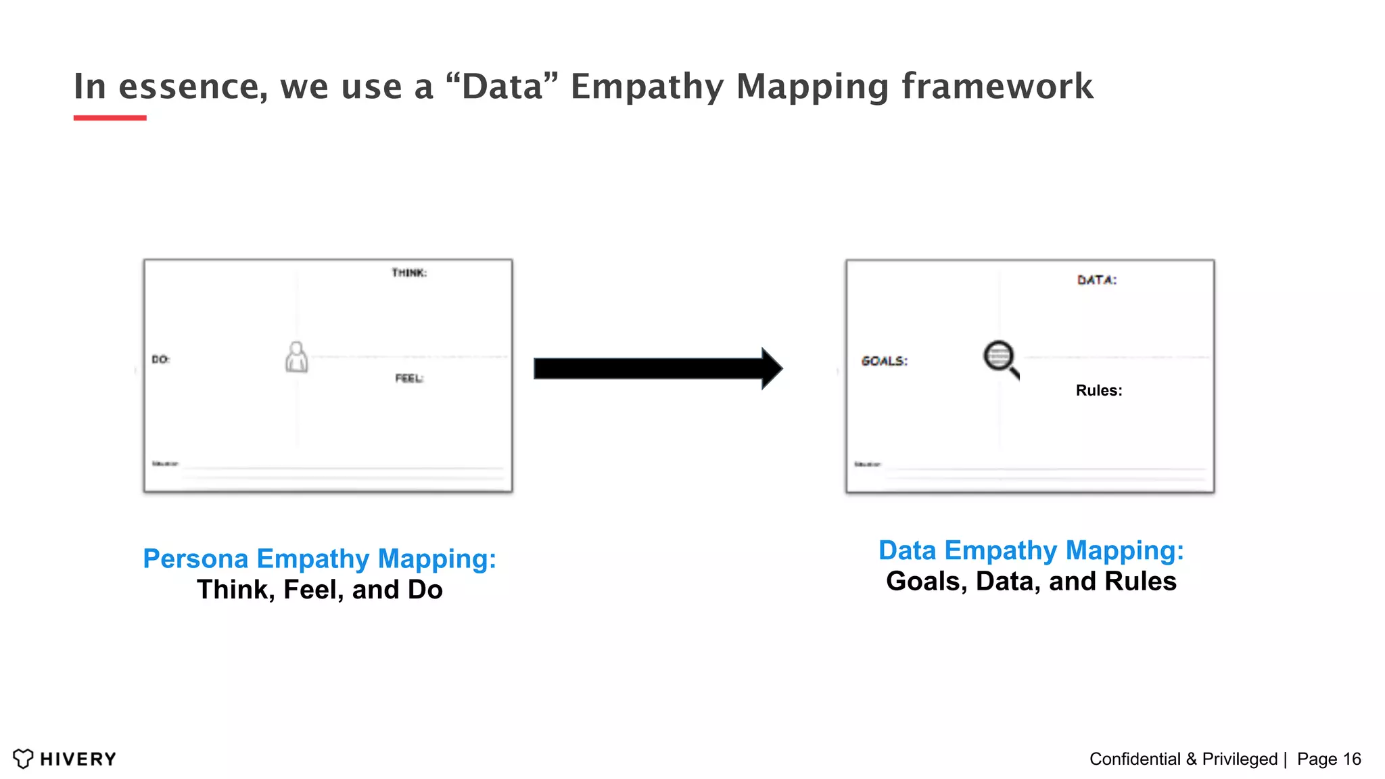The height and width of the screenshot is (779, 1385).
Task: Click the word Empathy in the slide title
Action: tap(647, 87)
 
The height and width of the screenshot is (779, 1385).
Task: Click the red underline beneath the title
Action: tap(110, 118)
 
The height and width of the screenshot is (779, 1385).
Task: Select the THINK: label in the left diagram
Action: tap(409, 273)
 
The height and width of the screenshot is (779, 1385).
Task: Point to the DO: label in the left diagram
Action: tap(160, 359)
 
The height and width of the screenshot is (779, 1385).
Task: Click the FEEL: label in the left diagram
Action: tap(409, 378)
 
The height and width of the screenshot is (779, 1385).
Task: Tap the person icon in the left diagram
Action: tap(296, 357)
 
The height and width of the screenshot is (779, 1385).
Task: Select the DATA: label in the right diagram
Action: tap(1097, 280)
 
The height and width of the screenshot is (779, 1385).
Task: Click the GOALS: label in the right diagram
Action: tap(885, 361)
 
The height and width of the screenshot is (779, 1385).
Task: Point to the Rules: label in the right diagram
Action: tap(1099, 390)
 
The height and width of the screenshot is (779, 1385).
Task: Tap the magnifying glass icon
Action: tap(1000, 359)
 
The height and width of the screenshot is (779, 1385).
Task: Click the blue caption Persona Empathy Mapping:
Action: tap(320, 559)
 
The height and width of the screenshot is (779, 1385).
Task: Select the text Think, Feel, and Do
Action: tap(320, 590)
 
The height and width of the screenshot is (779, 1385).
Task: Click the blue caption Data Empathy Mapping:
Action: tap(1031, 550)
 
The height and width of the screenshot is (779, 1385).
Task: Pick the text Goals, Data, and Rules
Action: tap(1031, 582)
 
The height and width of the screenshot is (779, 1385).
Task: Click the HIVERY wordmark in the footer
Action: tap(78, 759)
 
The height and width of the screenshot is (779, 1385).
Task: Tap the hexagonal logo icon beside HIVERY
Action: tap(23, 759)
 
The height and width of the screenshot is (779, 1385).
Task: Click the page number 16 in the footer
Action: tap(1352, 759)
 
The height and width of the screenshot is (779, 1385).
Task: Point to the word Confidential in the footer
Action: tap(1135, 759)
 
